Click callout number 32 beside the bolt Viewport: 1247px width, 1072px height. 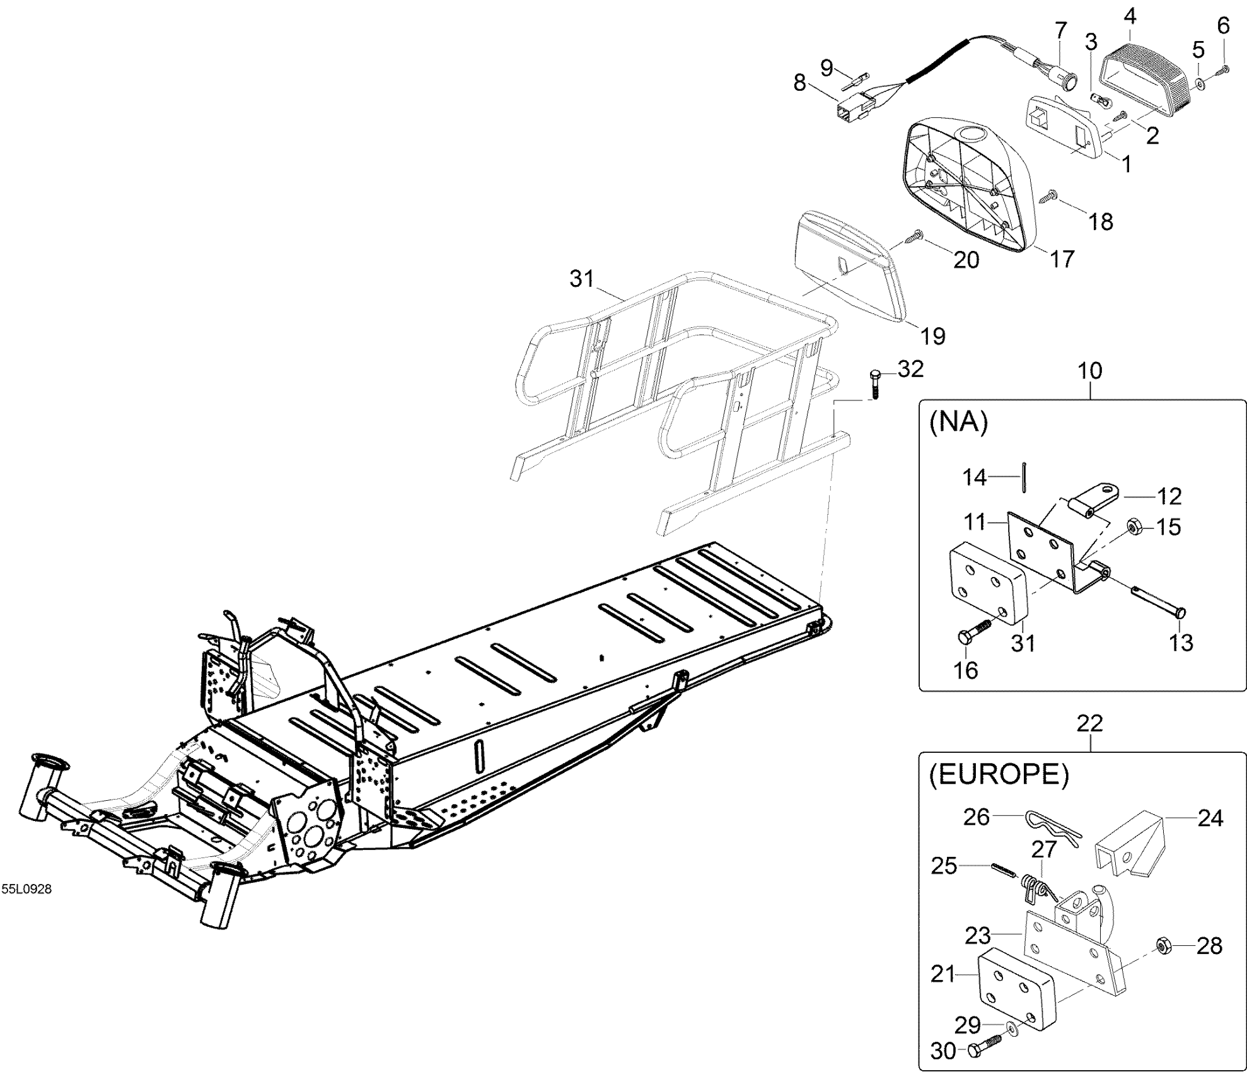click(x=910, y=369)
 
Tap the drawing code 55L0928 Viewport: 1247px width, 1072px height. click(x=26, y=889)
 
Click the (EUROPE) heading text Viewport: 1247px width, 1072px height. click(x=999, y=775)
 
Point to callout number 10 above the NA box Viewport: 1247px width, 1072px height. click(x=1090, y=370)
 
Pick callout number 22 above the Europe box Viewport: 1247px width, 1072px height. click(x=1090, y=723)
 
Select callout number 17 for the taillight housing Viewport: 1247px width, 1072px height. click(x=1061, y=259)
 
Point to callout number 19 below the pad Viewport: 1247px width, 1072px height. click(x=933, y=335)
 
